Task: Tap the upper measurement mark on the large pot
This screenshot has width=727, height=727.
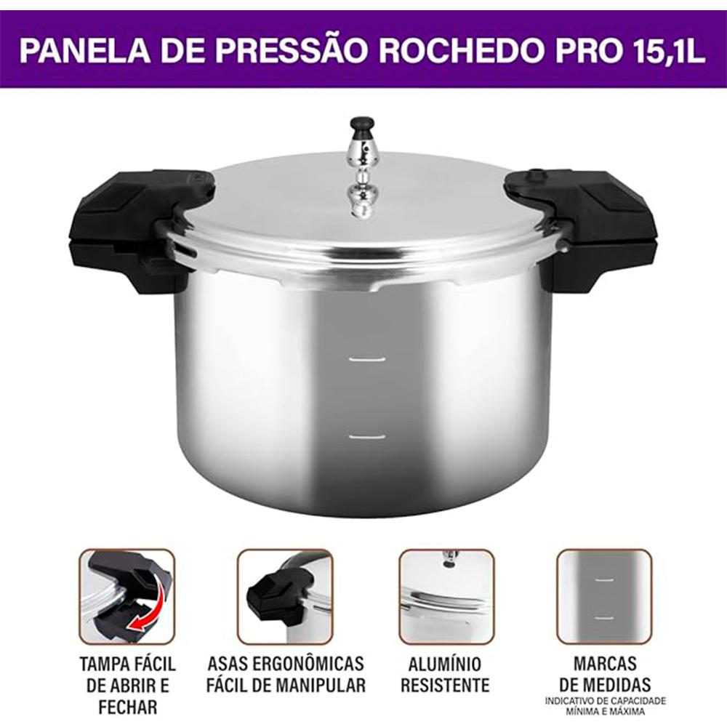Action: [x=366, y=358]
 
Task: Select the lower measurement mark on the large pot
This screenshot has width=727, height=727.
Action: [x=366, y=436]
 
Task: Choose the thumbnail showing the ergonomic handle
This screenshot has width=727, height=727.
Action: [x=285, y=596]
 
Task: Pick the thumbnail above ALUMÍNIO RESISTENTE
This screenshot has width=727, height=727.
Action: [x=446, y=596]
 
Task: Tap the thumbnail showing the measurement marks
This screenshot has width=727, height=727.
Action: [x=604, y=596]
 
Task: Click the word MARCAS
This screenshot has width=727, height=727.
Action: [x=605, y=664]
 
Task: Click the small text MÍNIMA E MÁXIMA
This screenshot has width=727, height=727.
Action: [x=604, y=710]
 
